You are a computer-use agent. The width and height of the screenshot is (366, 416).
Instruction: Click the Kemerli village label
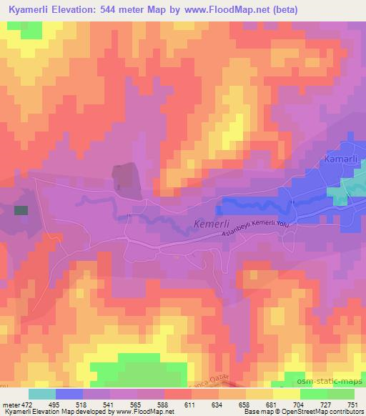pyautogui.click(x=212, y=224)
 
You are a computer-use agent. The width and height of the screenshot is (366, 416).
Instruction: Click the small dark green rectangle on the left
pyautogui.click(x=21, y=210)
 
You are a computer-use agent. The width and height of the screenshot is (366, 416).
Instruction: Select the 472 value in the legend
pyautogui.click(x=26, y=405)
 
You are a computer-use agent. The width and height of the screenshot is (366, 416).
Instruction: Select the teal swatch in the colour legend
pyautogui.click(x=42, y=394)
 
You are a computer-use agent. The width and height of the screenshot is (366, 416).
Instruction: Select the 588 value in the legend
pyautogui.click(x=164, y=405)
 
